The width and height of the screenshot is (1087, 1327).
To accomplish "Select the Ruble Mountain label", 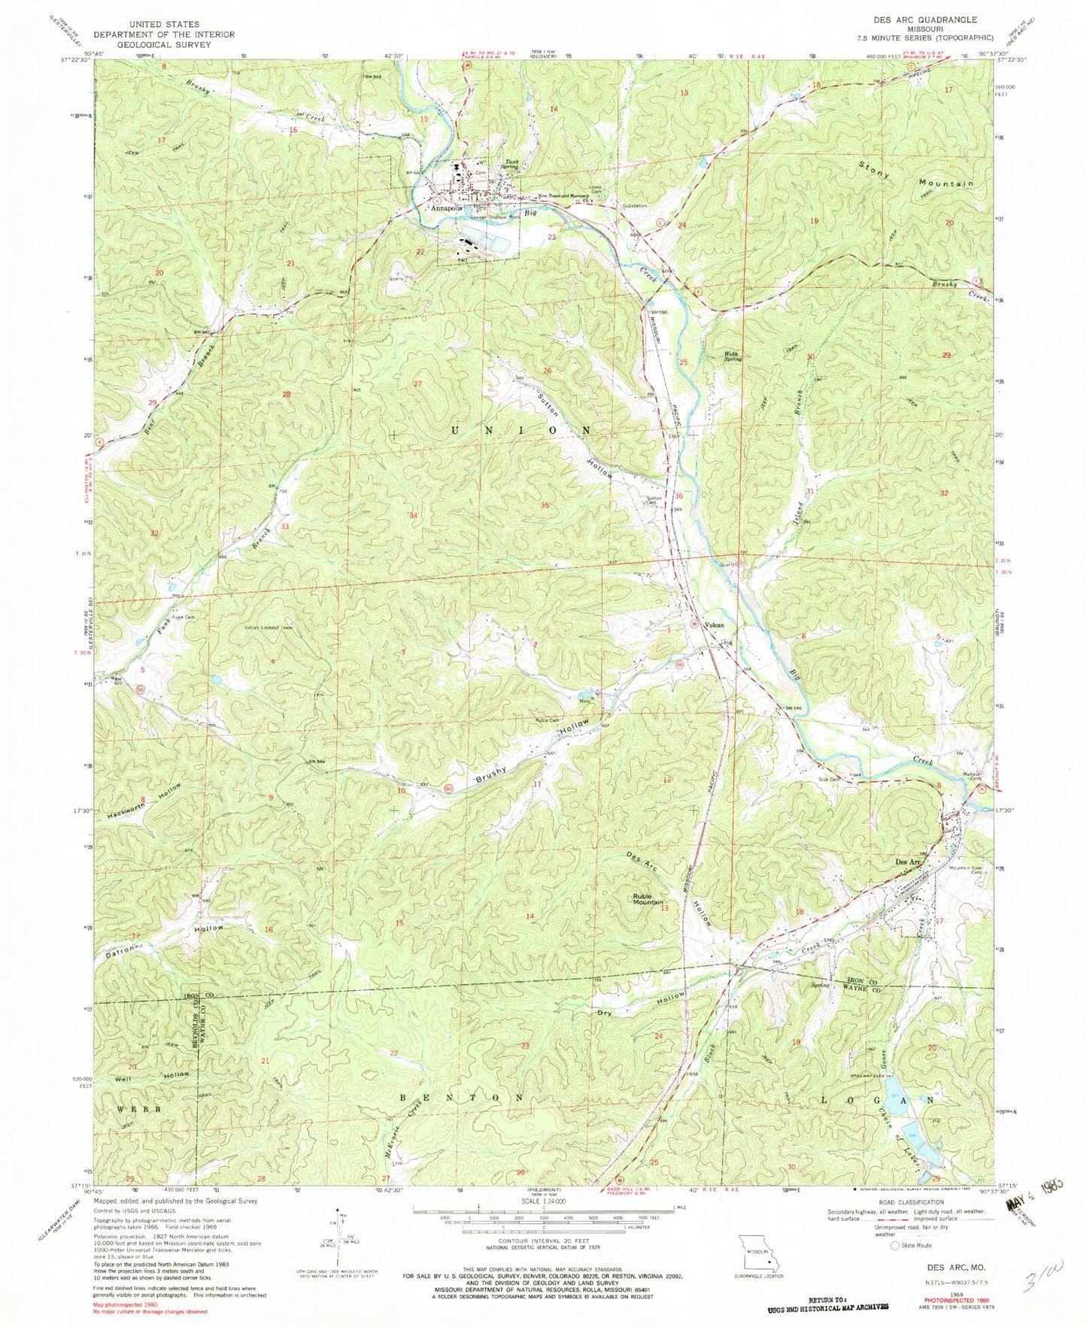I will coord(647,898).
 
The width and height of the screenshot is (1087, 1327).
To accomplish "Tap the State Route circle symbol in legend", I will coord(895,1245).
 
